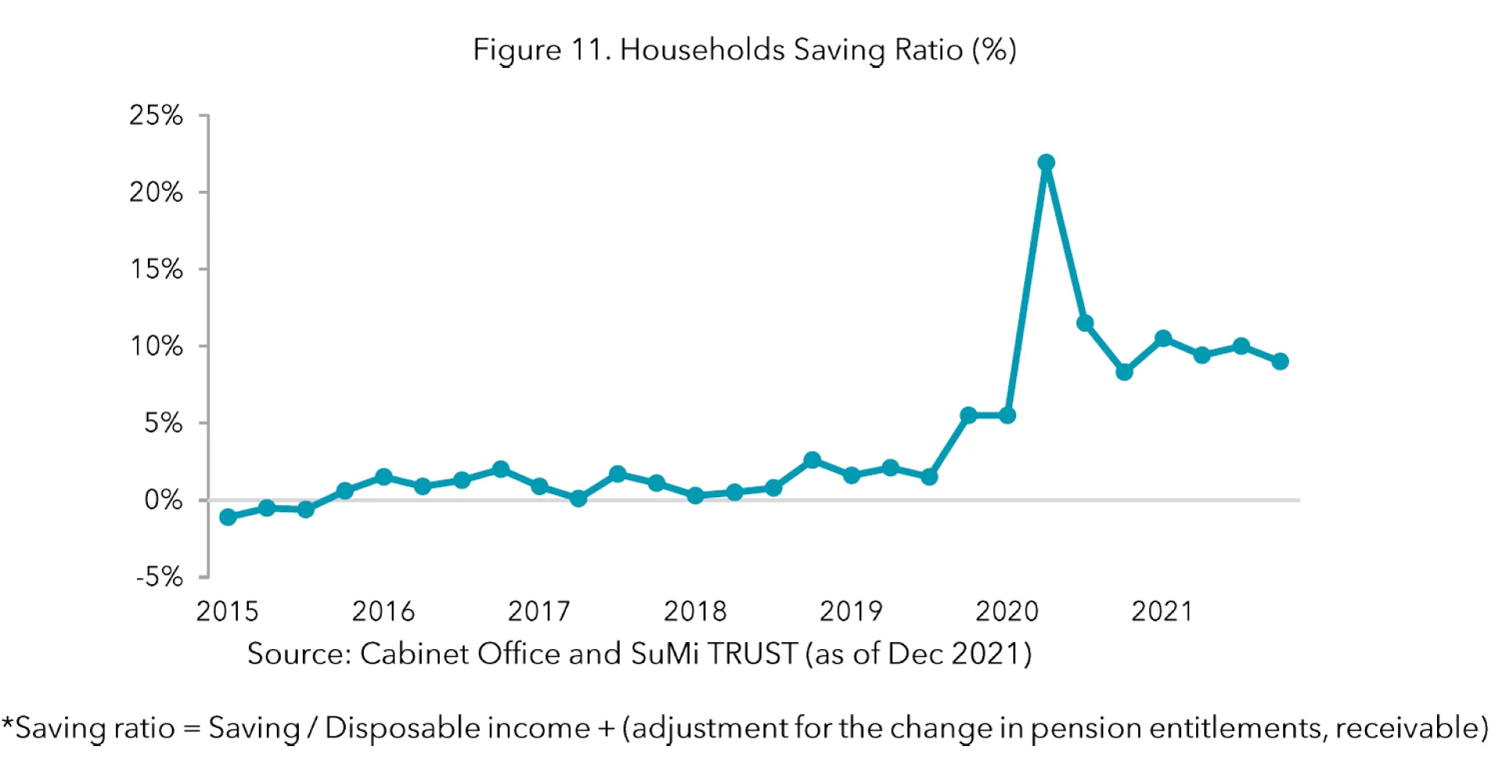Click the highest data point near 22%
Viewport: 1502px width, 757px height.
pos(1046,163)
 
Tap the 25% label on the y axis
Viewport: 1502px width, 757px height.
pos(156,116)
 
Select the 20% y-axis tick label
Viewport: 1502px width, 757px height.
pos(156,192)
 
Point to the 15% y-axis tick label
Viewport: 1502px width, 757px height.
pos(156,270)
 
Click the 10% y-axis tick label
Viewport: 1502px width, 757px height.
pos(156,346)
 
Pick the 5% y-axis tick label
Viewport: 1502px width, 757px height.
pos(163,423)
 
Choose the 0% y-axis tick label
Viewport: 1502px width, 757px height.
pos(163,500)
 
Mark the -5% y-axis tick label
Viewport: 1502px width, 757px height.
pos(159,578)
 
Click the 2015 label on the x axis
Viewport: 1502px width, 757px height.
pos(227,612)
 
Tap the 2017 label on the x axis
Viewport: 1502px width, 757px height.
pos(539,612)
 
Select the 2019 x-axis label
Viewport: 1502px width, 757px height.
pos(850,612)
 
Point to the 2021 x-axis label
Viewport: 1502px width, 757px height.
pos(1162,612)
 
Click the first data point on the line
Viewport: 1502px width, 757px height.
pos(228,517)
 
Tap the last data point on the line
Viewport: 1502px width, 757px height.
pos(1280,361)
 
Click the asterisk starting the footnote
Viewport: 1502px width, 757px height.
pos(7,723)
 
